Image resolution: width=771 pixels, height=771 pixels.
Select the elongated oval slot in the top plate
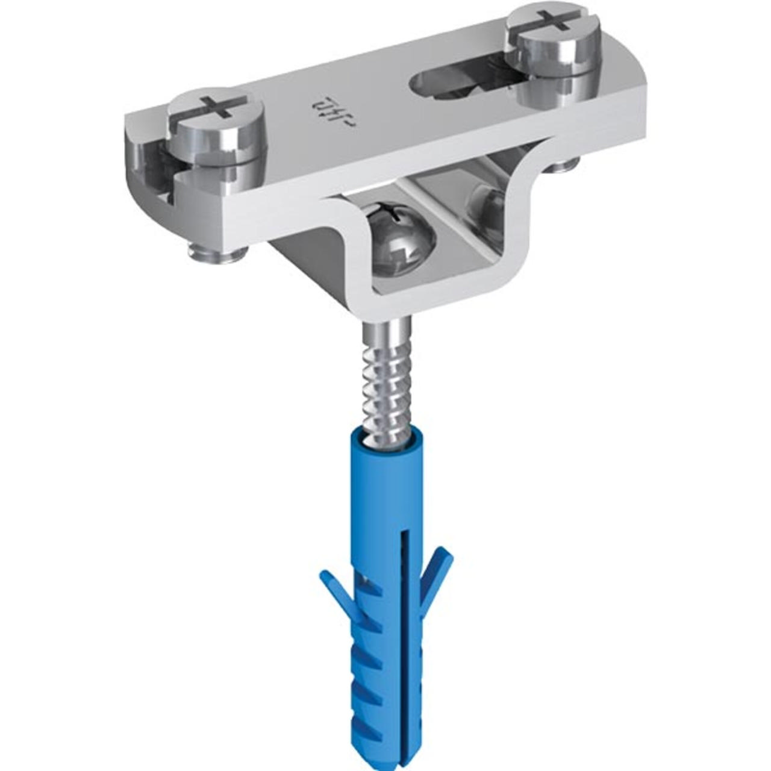pos(458,84)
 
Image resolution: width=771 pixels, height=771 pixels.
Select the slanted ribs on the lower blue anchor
pos(370,681)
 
